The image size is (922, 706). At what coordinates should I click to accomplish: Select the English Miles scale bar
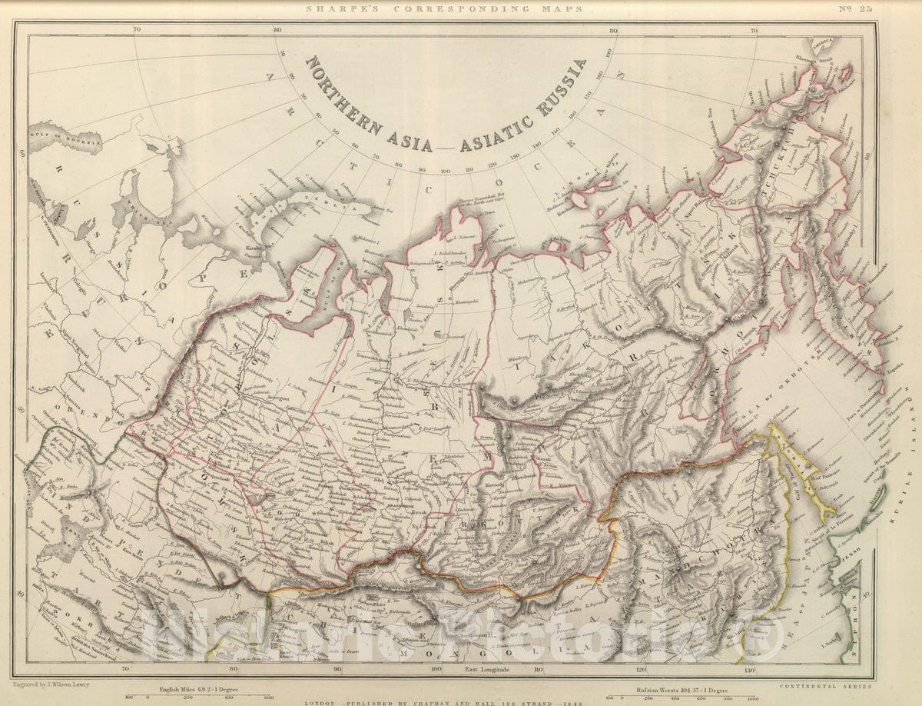coord(207,696)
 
